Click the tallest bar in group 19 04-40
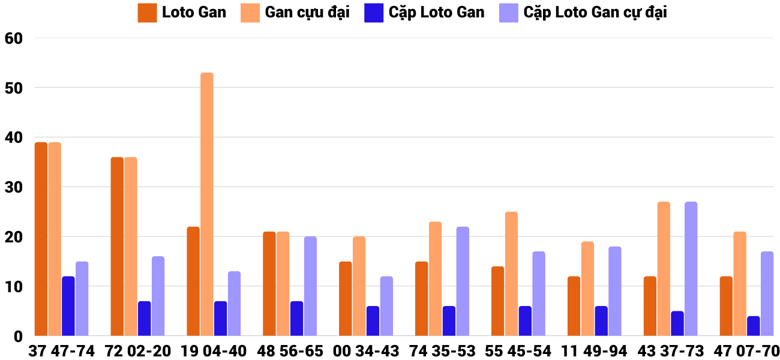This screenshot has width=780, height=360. point(206,204)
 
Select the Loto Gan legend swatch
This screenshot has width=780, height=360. point(147,13)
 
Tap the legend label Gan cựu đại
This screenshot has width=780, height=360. point(307,13)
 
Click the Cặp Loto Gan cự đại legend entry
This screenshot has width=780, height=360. point(595,13)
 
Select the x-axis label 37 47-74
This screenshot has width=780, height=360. point(61,351)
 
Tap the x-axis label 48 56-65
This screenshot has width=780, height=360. point(290,351)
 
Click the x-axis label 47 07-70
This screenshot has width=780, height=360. point(746,351)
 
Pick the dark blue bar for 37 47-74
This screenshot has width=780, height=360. point(68,306)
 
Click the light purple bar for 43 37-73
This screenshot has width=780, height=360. point(691,269)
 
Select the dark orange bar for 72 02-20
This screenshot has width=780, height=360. point(117,246)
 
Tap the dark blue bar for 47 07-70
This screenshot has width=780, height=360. point(754,326)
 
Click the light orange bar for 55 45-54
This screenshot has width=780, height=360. point(511,274)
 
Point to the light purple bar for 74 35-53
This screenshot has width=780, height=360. point(463,281)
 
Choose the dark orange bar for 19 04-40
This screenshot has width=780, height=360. point(193,281)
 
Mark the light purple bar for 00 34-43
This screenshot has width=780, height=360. point(386,306)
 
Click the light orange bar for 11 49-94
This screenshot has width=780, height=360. point(587,289)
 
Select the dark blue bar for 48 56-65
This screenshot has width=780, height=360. point(297,319)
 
